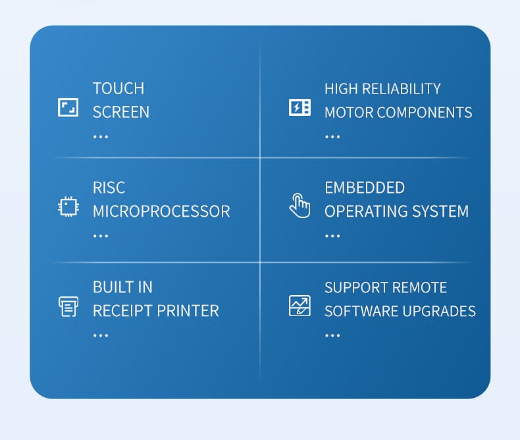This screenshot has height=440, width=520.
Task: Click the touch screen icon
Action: (68, 107)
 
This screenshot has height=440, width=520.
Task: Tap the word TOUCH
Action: (118, 89)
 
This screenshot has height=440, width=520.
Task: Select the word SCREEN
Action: (121, 112)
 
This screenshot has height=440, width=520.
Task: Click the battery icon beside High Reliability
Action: (299, 107)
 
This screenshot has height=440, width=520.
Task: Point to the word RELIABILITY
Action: (402, 89)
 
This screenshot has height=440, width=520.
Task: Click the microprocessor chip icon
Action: (68, 207)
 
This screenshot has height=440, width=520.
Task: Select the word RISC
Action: (109, 188)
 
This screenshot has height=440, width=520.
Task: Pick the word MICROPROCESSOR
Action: (161, 211)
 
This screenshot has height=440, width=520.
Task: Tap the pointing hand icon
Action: (299, 206)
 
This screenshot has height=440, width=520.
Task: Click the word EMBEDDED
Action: (365, 188)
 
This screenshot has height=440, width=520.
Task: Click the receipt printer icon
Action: (68, 306)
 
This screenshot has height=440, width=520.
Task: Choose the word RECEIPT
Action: (122, 311)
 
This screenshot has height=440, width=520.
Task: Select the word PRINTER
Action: (188, 311)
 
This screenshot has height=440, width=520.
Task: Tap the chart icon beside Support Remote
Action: (299, 306)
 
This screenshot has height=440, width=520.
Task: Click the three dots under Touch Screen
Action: (101, 137)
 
